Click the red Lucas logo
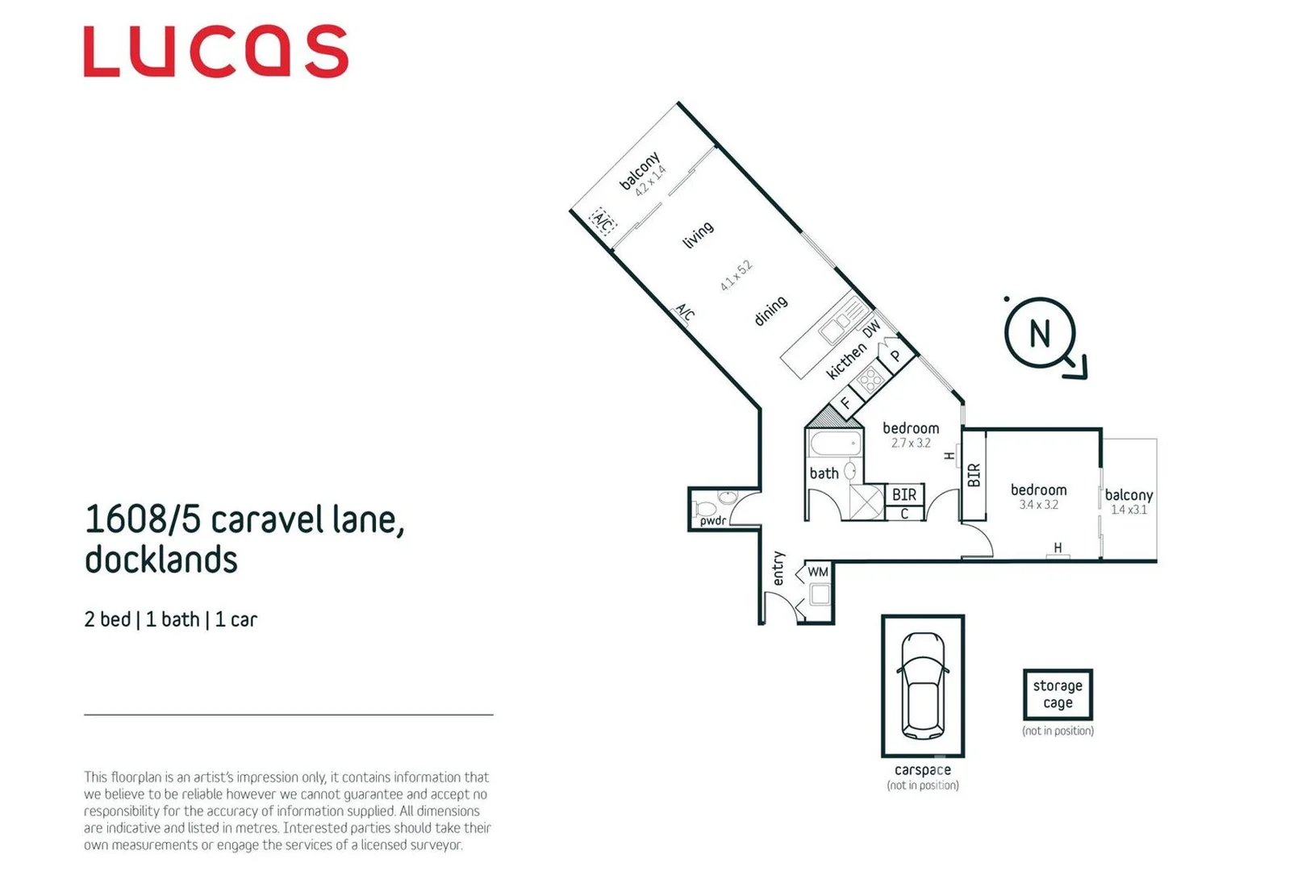pos(216,52)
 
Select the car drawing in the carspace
pos(922,686)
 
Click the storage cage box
pos(1058,694)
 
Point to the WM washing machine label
pos(818,572)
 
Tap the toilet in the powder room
pos(706,509)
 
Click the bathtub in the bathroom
pos(836,444)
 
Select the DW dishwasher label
pos(871,329)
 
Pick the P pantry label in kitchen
pos(895,356)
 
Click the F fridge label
pos(845,402)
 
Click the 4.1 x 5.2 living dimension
pos(736,276)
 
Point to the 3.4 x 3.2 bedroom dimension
pos(1038,505)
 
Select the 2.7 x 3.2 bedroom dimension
pos(911,443)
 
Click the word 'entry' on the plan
pos(778,568)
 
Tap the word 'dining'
pos(770,310)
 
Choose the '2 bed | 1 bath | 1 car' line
pos(170,619)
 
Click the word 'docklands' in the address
pos(161,560)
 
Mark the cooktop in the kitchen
pos(870,379)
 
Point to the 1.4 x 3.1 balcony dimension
pos(1129,510)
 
